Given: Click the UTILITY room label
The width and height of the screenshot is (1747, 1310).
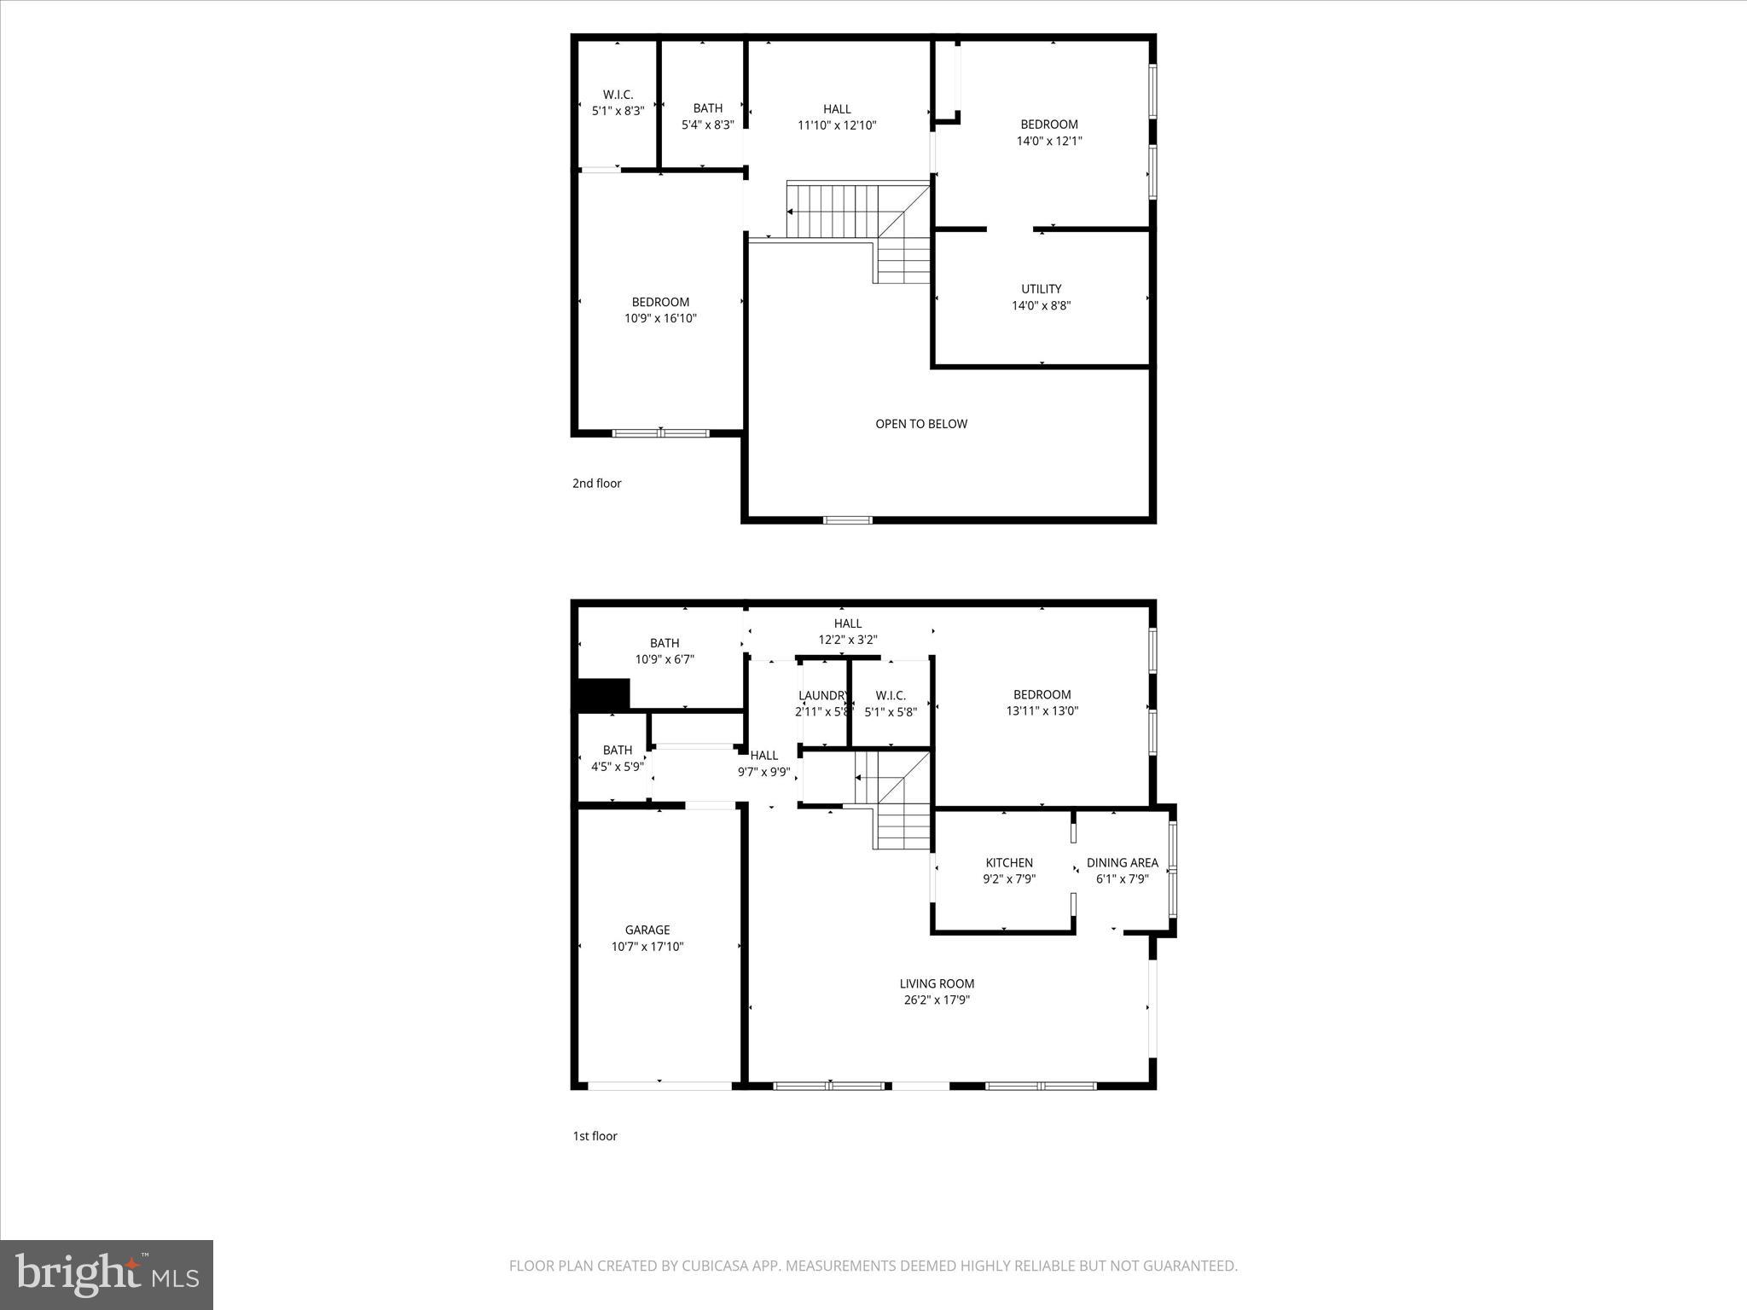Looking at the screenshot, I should click(1041, 289).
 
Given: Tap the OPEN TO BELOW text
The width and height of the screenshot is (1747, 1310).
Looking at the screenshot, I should click(921, 424).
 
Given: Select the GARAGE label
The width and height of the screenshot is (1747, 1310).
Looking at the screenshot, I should click(647, 930).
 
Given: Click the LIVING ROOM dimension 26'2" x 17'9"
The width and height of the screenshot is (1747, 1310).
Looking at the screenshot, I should click(937, 1000).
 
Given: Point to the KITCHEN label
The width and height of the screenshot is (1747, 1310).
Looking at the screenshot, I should click(1009, 863).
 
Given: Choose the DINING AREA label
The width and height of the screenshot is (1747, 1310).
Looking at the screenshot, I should click(1122, 863).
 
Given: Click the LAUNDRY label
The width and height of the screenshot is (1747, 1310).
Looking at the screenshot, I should click(823, 696).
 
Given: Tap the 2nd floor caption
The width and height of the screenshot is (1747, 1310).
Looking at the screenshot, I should click(596, 484).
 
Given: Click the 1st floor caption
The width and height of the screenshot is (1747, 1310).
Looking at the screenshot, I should click(595, 1136).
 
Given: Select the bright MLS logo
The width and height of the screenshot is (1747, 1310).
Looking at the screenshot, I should click(107, 1274).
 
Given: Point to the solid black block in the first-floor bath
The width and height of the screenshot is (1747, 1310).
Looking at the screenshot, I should click(603, 694).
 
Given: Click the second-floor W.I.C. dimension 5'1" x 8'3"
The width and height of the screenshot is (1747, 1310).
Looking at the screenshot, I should click(618, 111).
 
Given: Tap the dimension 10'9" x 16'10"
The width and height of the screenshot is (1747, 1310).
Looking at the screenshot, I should click(660, 319).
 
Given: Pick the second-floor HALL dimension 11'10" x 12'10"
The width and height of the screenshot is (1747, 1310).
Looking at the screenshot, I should click(837, 125).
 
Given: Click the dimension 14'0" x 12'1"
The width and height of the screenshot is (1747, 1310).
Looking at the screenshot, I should click(1048, 142).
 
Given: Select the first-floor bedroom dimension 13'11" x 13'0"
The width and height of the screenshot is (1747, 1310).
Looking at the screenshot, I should click(1042, 710).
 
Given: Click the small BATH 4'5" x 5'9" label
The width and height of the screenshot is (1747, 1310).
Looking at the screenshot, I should click(617, 758).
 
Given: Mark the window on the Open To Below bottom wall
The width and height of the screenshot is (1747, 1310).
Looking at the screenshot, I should click(847, 519).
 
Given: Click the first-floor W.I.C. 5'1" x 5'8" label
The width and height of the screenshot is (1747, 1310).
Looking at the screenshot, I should click(890, 704).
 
